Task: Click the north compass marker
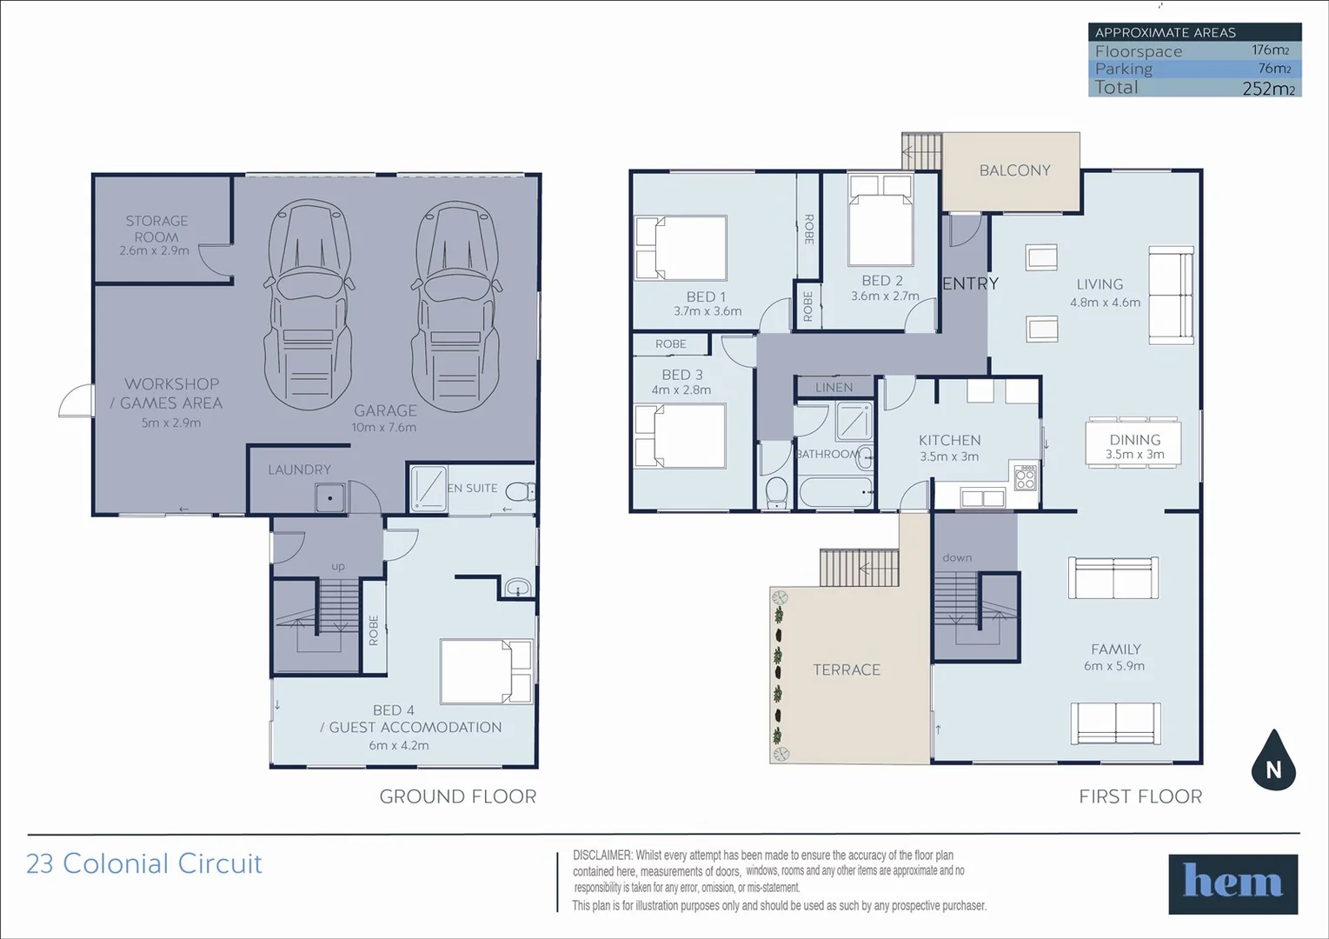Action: click(x=1273, y=762)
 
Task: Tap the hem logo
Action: click(x=1233, y=883)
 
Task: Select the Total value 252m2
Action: click(x=1268, y=89)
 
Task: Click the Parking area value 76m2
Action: click(x=1274, y=69)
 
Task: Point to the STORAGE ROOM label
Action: click(x=156, y=229)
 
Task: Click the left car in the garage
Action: click(x=309, y=304)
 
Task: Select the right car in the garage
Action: click(x=456, y=304)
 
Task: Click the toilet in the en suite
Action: click(x=520, y=493)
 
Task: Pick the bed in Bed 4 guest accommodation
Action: click(x=486, y=671)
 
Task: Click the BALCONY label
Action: click(x=1014, y=170)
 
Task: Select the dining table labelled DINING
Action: click(x=1133, y=443)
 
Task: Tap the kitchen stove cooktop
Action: click(x=1026, y=477)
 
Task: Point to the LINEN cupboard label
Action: click(x=834, y=388)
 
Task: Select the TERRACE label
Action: click(x=847, y=669)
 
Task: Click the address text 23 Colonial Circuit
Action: click(x=144, y=863)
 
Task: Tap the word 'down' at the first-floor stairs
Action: click(x=957, y=557)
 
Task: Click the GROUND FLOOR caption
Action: click(x=457, y=796)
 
